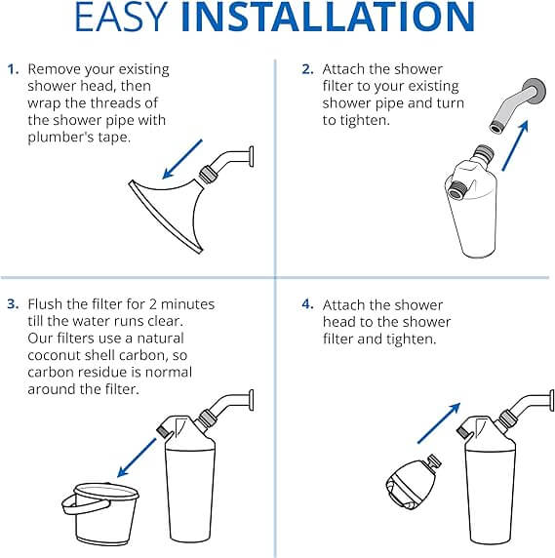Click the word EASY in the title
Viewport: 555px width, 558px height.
pos(121,17)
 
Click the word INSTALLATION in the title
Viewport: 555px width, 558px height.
pos(328,17)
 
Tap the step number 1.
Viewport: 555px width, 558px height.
pos(13,69)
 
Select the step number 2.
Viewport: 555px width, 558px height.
pos(307,69)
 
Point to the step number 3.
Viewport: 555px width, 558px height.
pos(13,304)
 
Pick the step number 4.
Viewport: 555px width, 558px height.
pos(308,304)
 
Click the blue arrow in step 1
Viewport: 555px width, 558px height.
pos(182,159)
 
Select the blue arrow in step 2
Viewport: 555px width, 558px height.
pos(515,146)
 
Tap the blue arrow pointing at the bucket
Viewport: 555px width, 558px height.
pos(137,458)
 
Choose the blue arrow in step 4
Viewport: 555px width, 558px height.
pos(439,423)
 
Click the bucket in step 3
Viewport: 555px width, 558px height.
pos(101,513)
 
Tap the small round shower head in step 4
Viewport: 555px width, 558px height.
pos(413,481)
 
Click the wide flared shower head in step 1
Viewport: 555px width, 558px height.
pos(167,214)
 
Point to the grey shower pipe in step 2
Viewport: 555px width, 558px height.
pos(518,105)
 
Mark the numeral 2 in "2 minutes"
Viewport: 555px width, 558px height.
pos(152,304)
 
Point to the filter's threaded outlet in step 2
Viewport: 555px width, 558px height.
pos(456,189)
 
